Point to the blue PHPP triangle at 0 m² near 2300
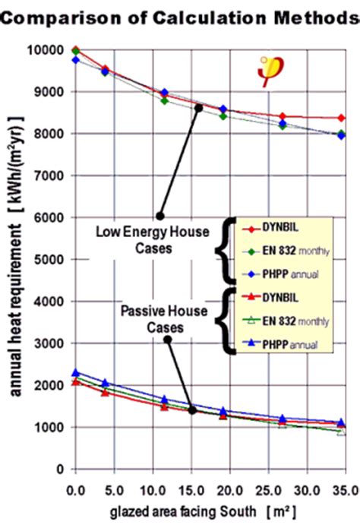click(x=75, y=373)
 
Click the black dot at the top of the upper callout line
click(x=199, y=108)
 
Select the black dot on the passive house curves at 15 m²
click(x=192, y=410)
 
